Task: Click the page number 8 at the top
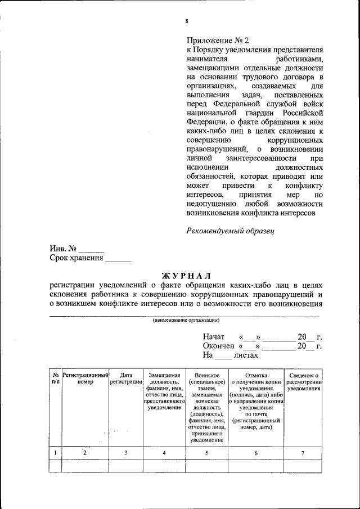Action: (186, 21)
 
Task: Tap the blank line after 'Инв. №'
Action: (91, 249)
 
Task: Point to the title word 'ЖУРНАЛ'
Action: (186, 276)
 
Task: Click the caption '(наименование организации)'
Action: (186, 320)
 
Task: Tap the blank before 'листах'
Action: (224, 355)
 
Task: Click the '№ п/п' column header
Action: (55, 378)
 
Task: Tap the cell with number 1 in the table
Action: (55, 453)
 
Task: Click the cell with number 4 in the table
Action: (164, 453)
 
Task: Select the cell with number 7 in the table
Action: (304, 453)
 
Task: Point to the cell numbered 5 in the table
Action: (206, 453)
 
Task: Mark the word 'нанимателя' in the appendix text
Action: (207, 58)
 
